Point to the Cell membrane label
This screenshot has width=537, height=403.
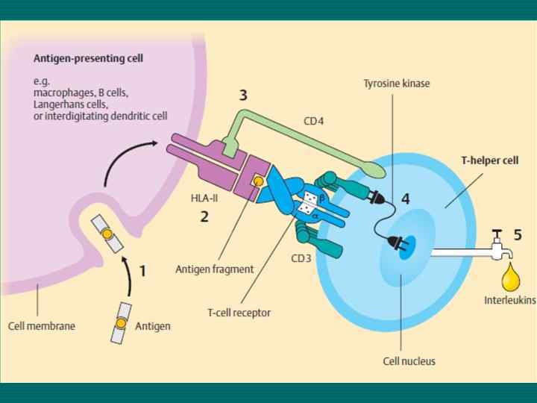point(42,325)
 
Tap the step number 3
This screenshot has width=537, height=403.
point(244,96)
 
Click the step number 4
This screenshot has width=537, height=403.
point(405,199)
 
